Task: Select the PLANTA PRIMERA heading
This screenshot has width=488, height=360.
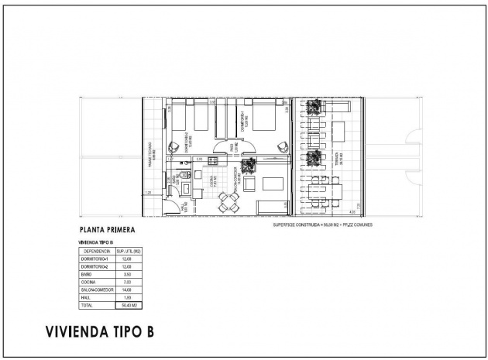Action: point(108,230)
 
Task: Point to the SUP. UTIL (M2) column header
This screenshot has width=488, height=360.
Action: point(128,252)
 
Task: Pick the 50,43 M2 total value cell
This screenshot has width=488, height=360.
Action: point(128,307)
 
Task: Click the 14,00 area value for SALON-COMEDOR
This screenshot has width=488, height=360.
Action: point(128,290)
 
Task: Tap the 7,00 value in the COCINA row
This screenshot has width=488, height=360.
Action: point(128,283)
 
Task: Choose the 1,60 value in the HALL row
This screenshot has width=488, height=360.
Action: point(128,298)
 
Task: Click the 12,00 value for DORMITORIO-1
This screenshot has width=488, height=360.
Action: point(128,259)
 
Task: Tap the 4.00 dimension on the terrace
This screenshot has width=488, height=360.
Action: point(352,212)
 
